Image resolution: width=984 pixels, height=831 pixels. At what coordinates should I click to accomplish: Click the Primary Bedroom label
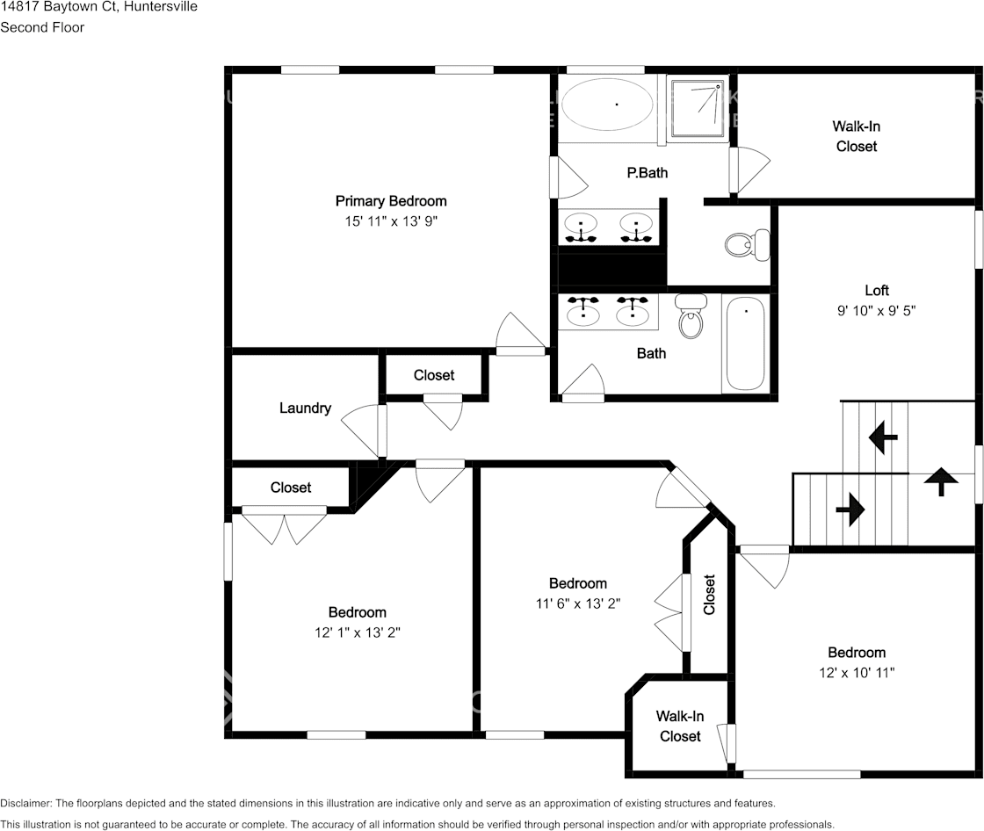pos(391,201)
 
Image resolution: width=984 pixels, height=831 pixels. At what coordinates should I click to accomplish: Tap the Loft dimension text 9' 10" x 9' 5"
pos(876,310)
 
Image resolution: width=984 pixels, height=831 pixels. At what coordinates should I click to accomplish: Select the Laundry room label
pos(305,408)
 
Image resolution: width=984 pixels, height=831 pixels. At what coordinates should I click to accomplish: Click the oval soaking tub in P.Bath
pos(607,105)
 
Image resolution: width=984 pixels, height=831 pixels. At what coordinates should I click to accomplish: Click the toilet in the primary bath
pos(748,244)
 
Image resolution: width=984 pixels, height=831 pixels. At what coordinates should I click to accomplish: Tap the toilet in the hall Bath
pos(691,316)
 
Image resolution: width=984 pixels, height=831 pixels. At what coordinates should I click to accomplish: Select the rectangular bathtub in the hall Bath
pos(746,343)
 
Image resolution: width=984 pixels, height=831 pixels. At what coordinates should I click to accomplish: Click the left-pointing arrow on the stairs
pos(883,437)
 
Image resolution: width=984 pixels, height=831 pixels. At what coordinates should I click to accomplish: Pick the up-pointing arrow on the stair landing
pos(941,481)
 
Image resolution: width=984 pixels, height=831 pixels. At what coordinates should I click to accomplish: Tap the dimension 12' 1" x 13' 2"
pos(357,632)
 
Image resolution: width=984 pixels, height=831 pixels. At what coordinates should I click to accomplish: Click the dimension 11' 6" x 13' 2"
pos(577,603)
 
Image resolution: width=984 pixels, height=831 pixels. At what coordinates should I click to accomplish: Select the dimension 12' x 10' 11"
pos(856,672)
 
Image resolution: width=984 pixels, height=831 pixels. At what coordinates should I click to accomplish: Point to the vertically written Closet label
pos(709,595)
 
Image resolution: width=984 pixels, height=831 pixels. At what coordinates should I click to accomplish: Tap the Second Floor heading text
pos(42,27)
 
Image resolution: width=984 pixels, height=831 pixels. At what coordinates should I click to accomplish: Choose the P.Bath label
pos(647,172)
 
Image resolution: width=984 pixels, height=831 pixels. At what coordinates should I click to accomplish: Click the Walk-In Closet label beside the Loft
pos(856,136)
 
